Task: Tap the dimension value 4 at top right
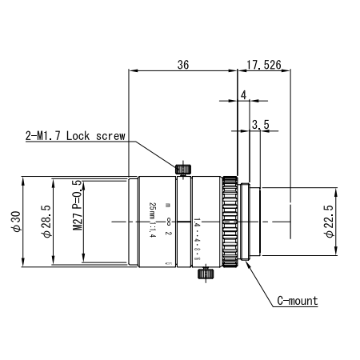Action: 242,94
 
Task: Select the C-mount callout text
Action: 297,302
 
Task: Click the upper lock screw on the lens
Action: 182,168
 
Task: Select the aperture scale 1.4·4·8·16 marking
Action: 197,238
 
